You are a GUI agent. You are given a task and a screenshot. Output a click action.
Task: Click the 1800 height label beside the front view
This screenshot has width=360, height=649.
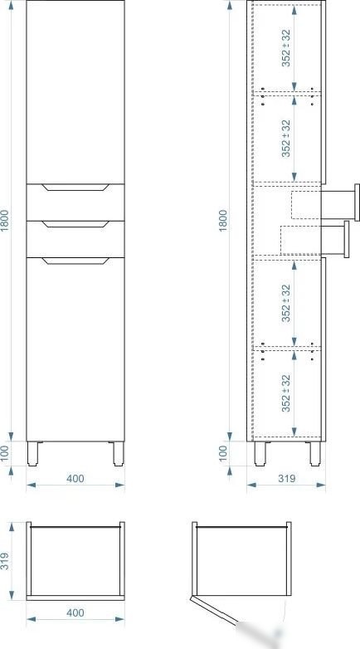[x=5, y=221]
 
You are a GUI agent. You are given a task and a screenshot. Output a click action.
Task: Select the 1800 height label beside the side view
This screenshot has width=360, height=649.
[x=223, y=221]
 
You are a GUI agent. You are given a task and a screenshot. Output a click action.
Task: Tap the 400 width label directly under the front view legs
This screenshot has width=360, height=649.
[x=75, y=479]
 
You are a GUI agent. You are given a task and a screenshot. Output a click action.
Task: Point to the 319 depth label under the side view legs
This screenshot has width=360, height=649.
[x=286, y=479]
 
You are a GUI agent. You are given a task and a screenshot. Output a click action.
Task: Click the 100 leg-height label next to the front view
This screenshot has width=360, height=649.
[x=5, y=453]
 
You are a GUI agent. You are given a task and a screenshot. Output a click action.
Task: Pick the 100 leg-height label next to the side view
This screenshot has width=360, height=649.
[x=223, y=453]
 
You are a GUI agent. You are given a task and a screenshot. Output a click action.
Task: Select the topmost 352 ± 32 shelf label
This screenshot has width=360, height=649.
[x=286, y=48]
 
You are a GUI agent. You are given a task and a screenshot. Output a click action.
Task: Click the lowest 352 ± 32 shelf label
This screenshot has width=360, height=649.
[x=286, y=393]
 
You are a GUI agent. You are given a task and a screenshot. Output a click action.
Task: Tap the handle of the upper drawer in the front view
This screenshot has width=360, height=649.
[x=75, y=187]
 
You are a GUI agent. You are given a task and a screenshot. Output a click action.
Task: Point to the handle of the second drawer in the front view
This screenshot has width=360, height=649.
[x=75, y=224]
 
